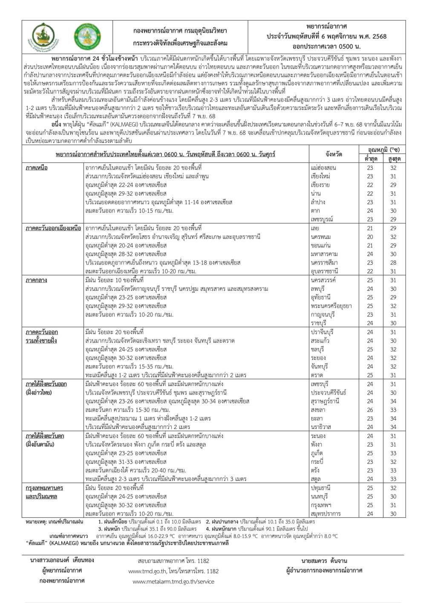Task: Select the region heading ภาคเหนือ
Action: (x=37, y=168)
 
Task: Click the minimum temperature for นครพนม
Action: (x=370, y=237)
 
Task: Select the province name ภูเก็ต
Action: (x=317, y=453)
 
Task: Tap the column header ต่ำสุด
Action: (x=370, y=159)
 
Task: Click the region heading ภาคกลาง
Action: (x=36, y=281)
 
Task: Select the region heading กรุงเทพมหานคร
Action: (x=44, y=488)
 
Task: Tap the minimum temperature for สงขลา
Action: (x=370, y=410)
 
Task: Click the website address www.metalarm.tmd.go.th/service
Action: (x=174, y=581)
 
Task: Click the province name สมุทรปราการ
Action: (x=326, y=514)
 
